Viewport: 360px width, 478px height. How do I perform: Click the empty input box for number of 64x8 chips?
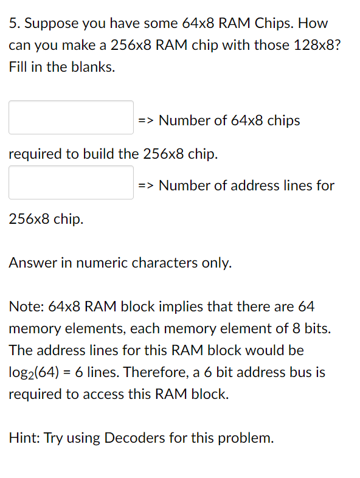tap(71, 117)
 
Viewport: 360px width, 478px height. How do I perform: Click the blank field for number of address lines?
tap(71, 182)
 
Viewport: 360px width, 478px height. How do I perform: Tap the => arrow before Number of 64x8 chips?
tap(146, 120)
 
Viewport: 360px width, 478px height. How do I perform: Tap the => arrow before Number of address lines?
tap(146, 185)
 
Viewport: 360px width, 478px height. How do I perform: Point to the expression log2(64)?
tap(36, 373)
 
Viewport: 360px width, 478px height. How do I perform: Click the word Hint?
tap(23, 438)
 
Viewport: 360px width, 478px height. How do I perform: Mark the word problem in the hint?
tap(248, 438)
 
